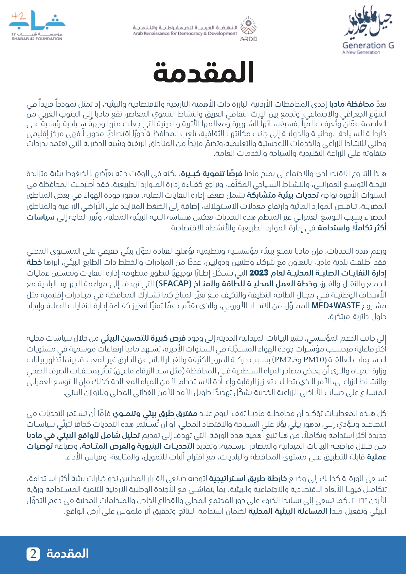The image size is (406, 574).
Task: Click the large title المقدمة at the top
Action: pos(203,72)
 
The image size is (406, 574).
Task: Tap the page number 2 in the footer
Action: pos(33,554)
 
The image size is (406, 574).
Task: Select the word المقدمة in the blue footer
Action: pos(68,553)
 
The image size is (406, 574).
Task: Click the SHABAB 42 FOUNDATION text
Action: pos(37,39)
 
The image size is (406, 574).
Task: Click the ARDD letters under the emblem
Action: pos(249,39)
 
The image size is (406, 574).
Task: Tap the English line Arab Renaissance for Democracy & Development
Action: pos(185,33)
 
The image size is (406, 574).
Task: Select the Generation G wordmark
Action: pos(368,45)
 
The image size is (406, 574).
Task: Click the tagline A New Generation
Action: pos(361,52)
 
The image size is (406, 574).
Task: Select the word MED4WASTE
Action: pos(336,306)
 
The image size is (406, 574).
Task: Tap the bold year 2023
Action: pos(258,273)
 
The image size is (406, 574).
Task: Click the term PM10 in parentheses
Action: pos(315,360)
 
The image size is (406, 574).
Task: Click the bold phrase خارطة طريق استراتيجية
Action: pos(248,479)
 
